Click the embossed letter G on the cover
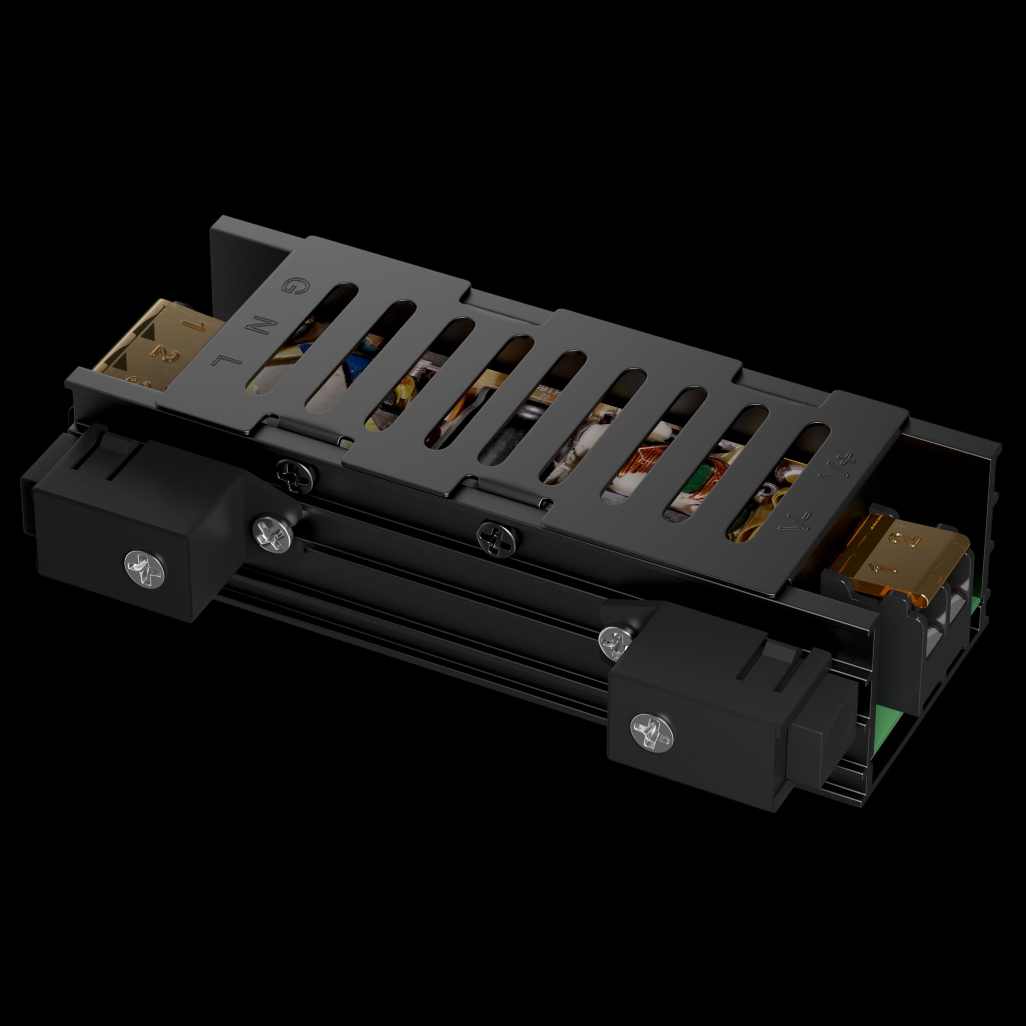click(x=290, y=286)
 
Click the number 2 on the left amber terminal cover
click(x=167, y=353)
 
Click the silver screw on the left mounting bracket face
click(x=145, y=568)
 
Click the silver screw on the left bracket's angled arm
click(x=272, y=534)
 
